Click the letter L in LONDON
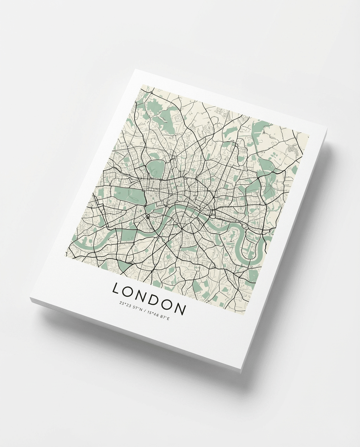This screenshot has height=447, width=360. [x=116, y=288]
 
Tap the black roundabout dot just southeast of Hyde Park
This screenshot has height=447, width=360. [x=148, y=217]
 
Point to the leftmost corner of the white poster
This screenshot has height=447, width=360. [x=30, y=299]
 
